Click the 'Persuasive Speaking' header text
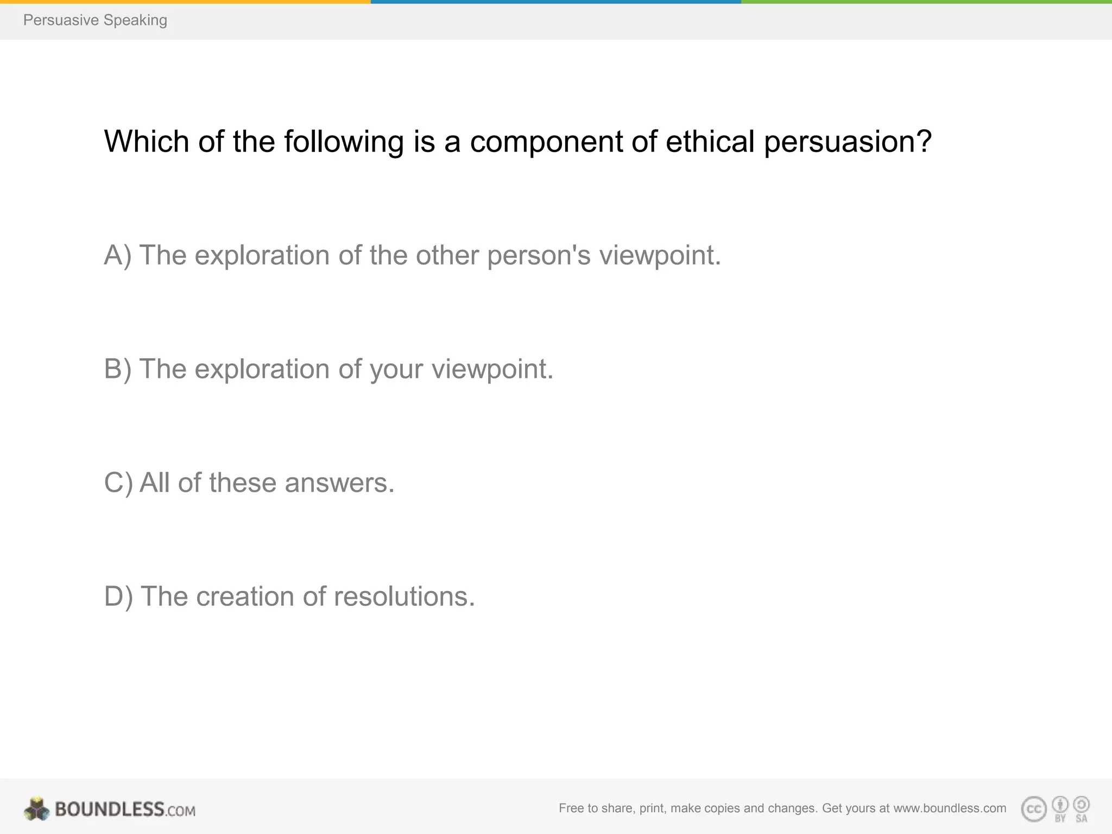coord(95,20)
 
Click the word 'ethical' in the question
coord(710,142)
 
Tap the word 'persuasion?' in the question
coord(848,143)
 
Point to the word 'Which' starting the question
coord(146,142)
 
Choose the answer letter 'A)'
coord(118,256)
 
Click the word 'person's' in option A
coord(539,256)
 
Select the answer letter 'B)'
coord(118,370)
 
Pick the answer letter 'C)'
coord(118,483)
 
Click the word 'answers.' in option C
coord(339,483)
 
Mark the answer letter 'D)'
coord(118,597)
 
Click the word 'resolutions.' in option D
coord(405,597)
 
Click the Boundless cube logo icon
coord(37,809)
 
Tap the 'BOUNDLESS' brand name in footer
coord(110,809)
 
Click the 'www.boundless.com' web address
coord(950,808)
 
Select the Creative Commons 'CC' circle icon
coord(1033,810)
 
